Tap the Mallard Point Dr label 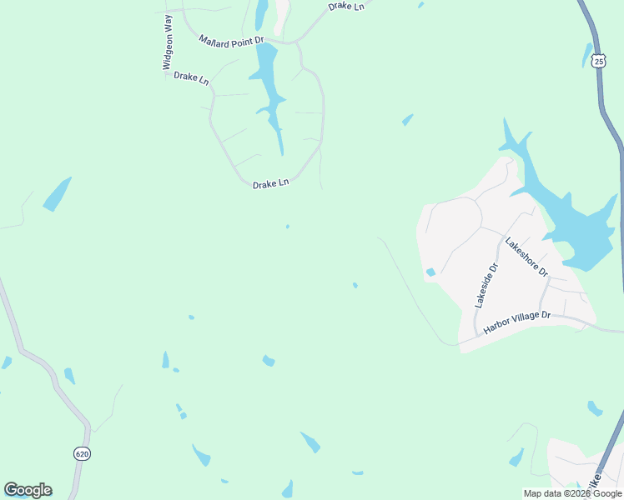coord(231,40)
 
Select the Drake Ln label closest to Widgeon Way coord(191,77)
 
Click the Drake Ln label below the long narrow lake coord(270,183)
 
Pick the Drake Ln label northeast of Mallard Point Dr coord(346,6)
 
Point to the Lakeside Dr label coord(486,285)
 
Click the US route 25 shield coord(598,61)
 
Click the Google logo coord(28,490)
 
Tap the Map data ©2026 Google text coord(572,493)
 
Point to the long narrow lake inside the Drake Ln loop coord(269,92)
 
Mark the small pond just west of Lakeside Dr coord(430,272)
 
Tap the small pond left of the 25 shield coord(587,55)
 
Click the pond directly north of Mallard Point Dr coord(262,13)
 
